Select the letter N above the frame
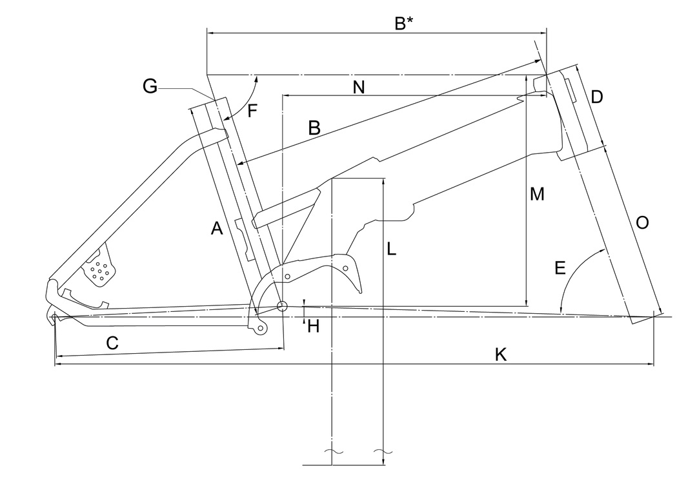[x=359, y=88]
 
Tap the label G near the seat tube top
[x=150, y=86]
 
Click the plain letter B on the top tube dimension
[x=314, y=128]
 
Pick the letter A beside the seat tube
[x=217, y=227]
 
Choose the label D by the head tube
[x=597, y=97]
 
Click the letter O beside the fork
[x=642, y=223]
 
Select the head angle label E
[x=560, y=267]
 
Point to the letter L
[x=392, y=248]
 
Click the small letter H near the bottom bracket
[x=314, y=327]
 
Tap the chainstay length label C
[x=112, y=343]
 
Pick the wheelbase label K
[x=500, y=354]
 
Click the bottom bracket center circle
[x=282, y=305]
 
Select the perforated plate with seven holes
[x=99, y=270]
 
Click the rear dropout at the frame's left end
[x=56, y=316]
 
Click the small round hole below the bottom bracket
[x=260, y=328]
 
